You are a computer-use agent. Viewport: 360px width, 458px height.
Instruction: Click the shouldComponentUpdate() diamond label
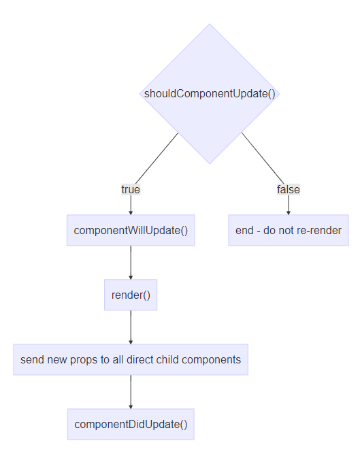(210, 94)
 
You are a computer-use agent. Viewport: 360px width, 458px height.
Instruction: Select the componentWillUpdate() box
(131, 230)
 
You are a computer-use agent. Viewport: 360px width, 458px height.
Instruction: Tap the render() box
(131, 295)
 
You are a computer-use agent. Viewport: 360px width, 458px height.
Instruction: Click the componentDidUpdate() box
(131, 424)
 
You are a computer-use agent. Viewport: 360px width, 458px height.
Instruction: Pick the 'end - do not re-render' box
(288, 230)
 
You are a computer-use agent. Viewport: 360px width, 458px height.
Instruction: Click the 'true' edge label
(131, 189)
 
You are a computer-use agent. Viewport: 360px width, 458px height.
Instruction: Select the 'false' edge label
(288, 189)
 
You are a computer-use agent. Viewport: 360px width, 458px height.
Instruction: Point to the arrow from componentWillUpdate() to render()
(131, 262)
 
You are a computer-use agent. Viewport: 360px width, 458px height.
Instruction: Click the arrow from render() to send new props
(131, 327)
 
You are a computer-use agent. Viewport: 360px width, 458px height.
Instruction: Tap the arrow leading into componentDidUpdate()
(131, 391)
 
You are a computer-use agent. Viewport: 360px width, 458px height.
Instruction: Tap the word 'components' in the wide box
(214, 359)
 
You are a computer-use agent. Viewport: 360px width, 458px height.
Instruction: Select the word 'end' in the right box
(244, 230)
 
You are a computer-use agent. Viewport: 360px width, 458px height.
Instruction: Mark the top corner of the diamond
(210, 24)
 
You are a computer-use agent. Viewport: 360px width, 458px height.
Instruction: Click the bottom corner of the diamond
(210, 163)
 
